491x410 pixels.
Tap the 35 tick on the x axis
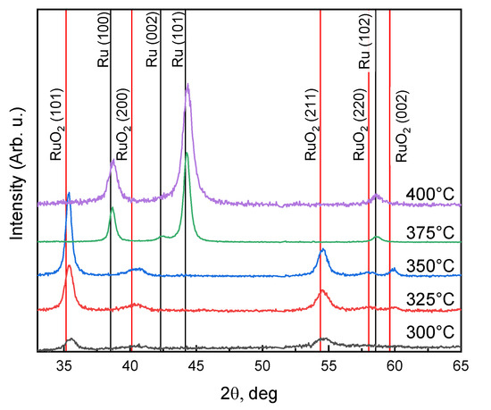pyautogui.click(x=64, y=364)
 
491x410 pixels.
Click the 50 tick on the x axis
pyautogui.click(x=262, y=364)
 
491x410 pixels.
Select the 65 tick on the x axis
pyautogui.click(x=461, y=364)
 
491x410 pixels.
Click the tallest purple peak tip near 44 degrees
pyautogui.click(x=187, y=85)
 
